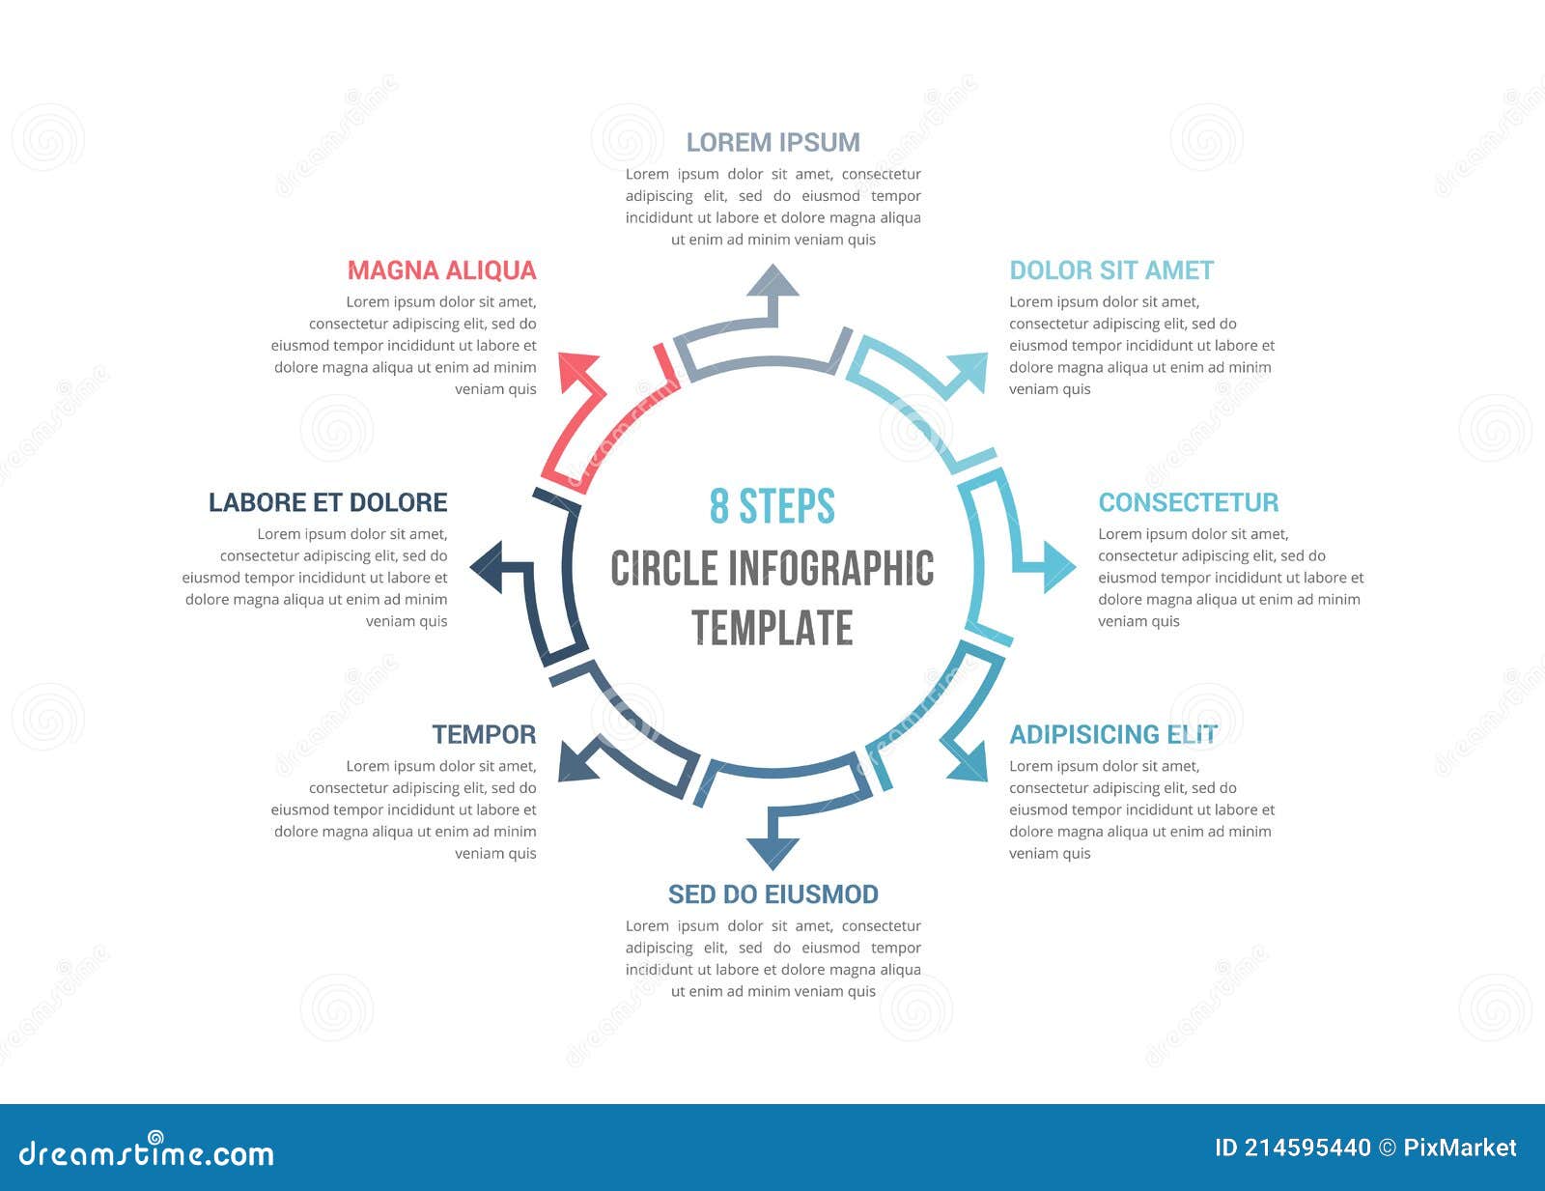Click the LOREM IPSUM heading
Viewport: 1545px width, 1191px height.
(x=772, y=142)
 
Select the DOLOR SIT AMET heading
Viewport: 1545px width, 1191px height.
(x=1111, y=270)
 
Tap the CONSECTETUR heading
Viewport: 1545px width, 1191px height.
(x=1188, y=502)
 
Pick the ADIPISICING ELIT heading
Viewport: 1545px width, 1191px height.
(x=1112, y=734)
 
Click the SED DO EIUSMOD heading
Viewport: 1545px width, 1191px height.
(x=772, y=894)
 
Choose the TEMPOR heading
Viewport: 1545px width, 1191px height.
(x=484, y=734)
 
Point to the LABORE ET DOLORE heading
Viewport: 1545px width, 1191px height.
(x=327, y=502)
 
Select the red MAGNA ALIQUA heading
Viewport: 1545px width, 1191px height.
(x=441, y=270)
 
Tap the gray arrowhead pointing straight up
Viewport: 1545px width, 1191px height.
(x=772, y=281)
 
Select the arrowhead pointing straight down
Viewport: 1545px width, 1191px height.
(x=772, y=852)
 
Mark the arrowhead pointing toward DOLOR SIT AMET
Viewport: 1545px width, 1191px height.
(x=969, y=372)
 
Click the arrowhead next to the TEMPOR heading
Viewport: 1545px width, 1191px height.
(x=577, y=763)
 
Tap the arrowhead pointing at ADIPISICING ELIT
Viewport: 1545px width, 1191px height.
(x=969, y=762)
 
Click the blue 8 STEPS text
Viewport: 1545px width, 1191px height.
(x=772, y=506)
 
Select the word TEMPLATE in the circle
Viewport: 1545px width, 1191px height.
(x=772, y=628)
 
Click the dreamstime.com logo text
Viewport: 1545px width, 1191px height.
(x=146, y=1152)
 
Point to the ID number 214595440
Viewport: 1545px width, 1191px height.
(x=1306, y=1148)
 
